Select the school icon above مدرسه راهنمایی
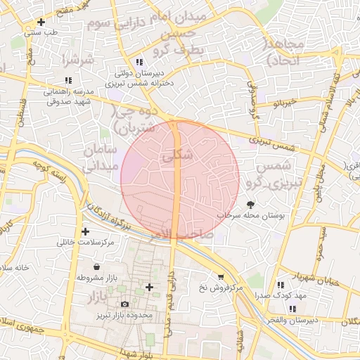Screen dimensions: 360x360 68,81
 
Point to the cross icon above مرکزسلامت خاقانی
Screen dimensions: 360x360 86,231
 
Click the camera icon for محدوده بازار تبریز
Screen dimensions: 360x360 124,304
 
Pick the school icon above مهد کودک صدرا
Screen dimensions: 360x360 281,285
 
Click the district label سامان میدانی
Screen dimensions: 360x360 98,158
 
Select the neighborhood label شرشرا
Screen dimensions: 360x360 77,60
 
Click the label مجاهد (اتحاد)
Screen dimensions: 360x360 284,53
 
